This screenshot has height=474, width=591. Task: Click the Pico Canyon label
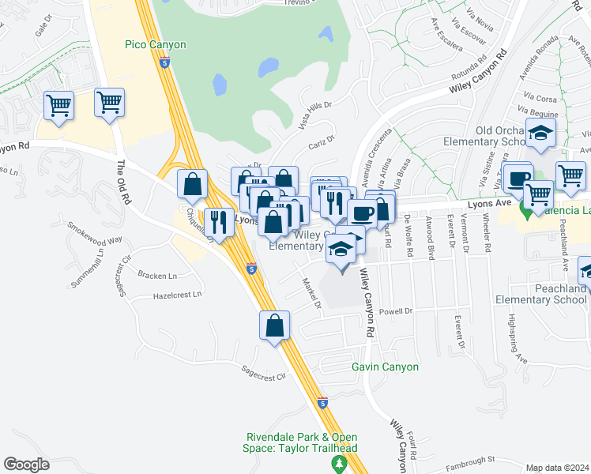[x=156, y=45]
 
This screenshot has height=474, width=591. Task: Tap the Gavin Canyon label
[x=385, y=367]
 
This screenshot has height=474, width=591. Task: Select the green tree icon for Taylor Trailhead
[x=340, y=463]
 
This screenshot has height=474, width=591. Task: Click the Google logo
[x=26, y=464]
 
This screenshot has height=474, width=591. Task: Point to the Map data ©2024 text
[x=557, y=468]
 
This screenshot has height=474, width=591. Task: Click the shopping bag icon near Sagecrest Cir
[x=275, y=325]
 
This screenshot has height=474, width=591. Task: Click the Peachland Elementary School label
[x=540, y=294]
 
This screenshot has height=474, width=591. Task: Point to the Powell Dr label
[x=397, y=311]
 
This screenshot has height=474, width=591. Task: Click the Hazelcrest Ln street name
[x=177, y=295]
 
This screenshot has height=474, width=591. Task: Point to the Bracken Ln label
[x=156, y=275]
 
